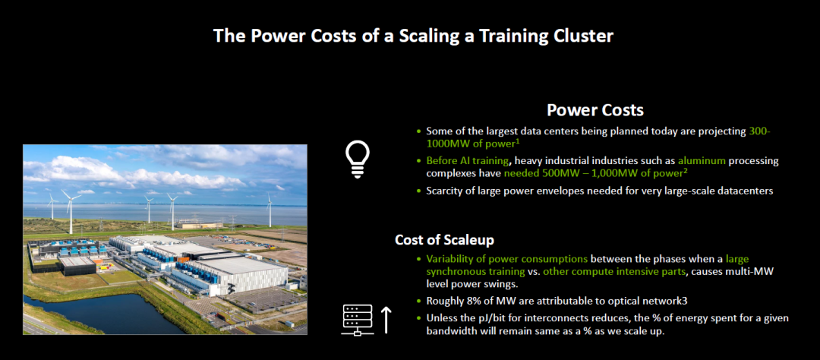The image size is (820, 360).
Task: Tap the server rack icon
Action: click(357, 320)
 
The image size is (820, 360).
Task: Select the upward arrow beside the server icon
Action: click(386, 320)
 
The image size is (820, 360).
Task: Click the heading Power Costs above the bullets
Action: click(595, 110)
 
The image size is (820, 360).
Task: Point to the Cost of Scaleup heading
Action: click(444, 240)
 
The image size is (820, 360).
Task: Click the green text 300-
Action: click(760, 131)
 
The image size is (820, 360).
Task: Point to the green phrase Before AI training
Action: click(465, 161)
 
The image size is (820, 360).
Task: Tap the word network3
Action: click(628, 301)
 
